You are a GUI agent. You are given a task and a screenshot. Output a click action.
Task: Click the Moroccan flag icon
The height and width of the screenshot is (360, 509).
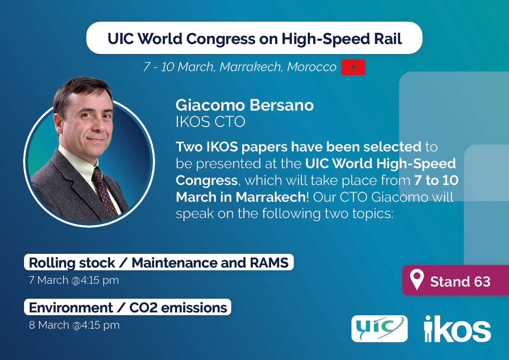coord(353,67)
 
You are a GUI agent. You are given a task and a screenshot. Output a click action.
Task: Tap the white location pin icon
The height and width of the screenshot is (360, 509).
coord(417,279)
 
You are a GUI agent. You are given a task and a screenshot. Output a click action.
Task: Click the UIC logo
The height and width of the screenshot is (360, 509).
coord(379,329)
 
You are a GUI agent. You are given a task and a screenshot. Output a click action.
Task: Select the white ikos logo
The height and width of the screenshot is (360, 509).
coord(457,329)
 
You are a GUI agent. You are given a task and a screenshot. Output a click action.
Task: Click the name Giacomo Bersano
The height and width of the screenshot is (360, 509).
coord(245,105)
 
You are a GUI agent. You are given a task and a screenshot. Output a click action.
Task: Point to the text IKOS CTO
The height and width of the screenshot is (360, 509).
coord(210,122)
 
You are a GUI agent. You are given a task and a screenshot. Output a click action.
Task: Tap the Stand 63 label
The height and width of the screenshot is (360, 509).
coord(460,282)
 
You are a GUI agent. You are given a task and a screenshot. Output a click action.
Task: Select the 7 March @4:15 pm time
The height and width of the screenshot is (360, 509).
coord(74,280)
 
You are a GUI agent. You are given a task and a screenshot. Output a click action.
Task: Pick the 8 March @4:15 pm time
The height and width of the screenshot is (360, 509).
coord(74,325)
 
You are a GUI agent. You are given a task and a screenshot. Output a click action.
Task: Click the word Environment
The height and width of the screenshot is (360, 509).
coord(71,308)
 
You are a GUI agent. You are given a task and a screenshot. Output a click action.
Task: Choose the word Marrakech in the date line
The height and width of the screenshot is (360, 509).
coord(250,67)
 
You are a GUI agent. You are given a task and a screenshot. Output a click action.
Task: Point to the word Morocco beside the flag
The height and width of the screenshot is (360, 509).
coord(312,67)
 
